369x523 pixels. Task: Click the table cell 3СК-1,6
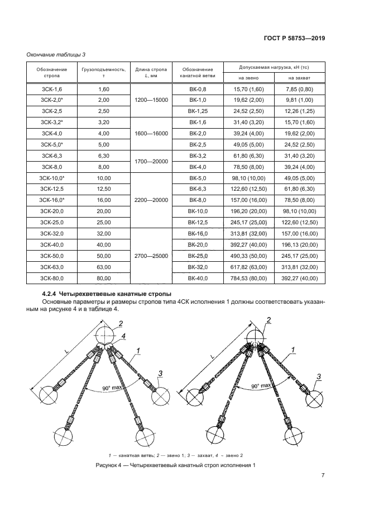[x=52, y=89]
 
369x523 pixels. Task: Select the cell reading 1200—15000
[x=151, y=100]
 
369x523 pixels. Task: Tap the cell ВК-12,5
[x=198, y=222]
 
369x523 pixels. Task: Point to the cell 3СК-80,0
[x=52, y=277]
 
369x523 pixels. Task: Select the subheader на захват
[x=299, y=78]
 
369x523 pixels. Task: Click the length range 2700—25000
[x=151, y=256]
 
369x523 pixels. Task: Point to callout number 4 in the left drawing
[x=124, y=336]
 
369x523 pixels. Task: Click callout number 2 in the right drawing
[x=269, y=320]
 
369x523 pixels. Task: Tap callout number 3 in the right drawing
[x=319, y=378]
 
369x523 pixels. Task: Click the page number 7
[x=323, y=476]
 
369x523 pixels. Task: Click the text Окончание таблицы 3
[x=56, y=54]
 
